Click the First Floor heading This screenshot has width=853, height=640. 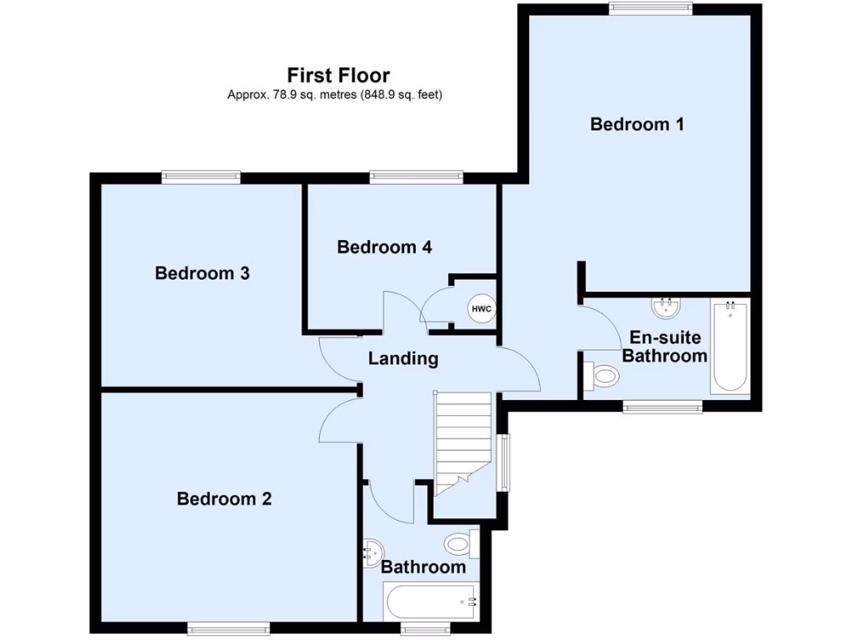(x=338, y=76)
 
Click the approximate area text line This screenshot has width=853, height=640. (x=335, y=95)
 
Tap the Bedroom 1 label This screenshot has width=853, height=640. (x=637, y=124)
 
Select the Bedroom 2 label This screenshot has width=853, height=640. (x=224, y=499)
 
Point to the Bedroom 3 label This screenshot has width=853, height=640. (x=202, y=273)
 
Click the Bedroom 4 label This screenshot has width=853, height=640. (x=384, y=247)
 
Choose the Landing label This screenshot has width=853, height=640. (x=403, y=359)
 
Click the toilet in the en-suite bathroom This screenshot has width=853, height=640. (x=602, y=377)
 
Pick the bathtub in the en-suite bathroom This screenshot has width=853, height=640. (x=731, y=347)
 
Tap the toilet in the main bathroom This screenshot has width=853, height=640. (x=460, y=544)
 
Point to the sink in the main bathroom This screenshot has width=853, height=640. (x=373, y=551)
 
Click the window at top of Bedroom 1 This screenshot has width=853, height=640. (x=651, y=8)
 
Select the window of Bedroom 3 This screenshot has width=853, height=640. (x=202, y=176)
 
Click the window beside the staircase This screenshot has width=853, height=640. (x=503, y=462)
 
